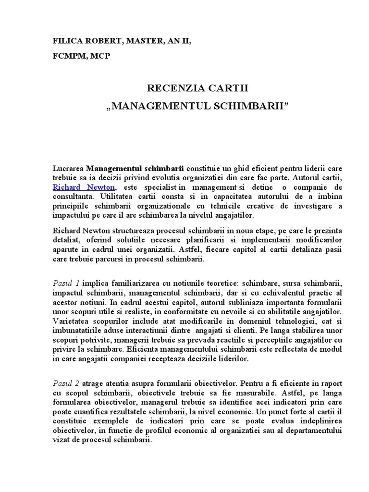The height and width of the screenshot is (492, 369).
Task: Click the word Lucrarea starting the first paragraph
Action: (x=68, y=169)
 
